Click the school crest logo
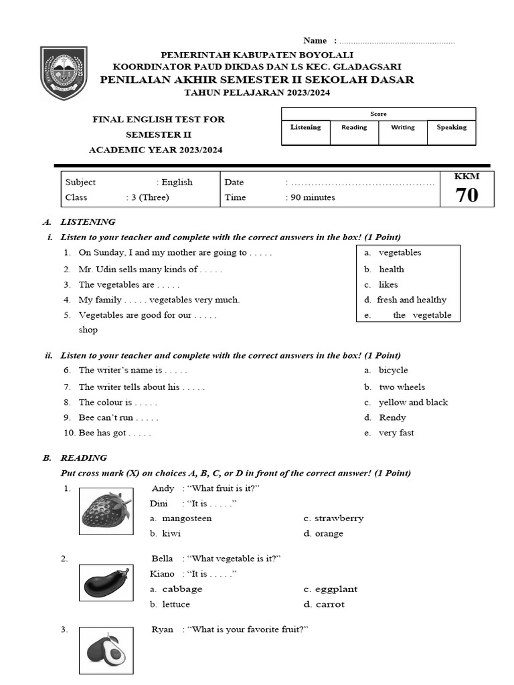(64, 73)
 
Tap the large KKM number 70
(466, 195)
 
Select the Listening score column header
(305, 127)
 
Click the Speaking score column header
(451, 127)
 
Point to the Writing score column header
(402, 127)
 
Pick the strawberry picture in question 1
(105, 510)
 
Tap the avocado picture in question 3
(105, 649)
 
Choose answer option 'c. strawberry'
(333, 518)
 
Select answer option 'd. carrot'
(323, 604)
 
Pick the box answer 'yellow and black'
(412, 402)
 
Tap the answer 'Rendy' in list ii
(392, 417)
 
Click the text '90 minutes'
(312, 197)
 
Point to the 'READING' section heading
(84, 458)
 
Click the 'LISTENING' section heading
(88, 221)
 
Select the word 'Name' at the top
(315, 41)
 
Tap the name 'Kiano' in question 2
(162, 574)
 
